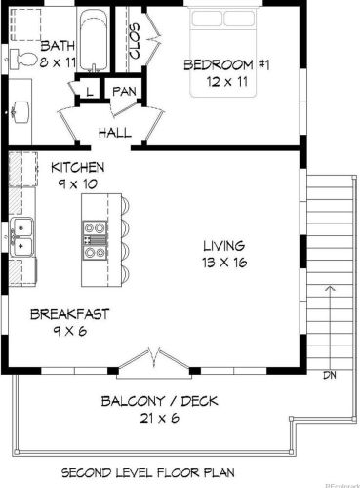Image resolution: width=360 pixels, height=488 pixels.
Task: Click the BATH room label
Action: tap(58, 46)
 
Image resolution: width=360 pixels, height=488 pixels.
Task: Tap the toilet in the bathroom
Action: tap(22, 60)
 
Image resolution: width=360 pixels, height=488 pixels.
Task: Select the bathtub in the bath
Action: tap(94, 40)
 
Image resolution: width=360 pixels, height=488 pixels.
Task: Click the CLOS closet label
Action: tap(135, 41)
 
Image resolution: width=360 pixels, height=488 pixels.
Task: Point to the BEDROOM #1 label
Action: tap(226, 65)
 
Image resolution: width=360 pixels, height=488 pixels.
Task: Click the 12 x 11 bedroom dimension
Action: tap(227, 81)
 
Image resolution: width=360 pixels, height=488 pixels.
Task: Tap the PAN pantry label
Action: tap(124, 91)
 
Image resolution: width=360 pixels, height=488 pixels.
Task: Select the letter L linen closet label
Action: tap(90, 91)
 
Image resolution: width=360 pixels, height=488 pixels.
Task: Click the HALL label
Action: tap(115, 133)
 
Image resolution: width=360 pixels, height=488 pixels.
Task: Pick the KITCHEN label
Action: tap(78, 167)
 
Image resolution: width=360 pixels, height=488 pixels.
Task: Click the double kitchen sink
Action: tap(21, 237)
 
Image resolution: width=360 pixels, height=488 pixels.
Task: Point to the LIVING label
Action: tap(224, 246)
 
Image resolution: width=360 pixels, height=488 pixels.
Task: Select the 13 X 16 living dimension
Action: tap(224, 263)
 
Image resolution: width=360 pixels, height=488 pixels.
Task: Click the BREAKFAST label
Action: tap(69, 314)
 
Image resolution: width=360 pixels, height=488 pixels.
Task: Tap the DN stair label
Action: tap(330, 375)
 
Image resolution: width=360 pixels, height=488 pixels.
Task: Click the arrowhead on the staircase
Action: tap(331, 288)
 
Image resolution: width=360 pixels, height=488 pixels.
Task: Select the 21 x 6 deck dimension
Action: tap(159, 418)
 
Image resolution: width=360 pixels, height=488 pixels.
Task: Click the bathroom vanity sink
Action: tap(20, 109)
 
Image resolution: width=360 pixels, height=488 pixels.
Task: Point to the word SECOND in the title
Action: tap(84, 472)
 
